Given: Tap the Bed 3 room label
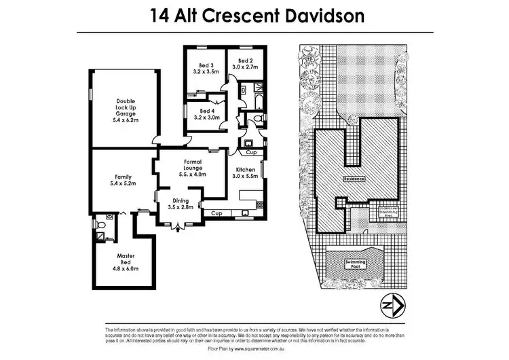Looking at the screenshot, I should [x=206, y=66].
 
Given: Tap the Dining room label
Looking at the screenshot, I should [x=181, y=203].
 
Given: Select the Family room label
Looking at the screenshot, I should [x=123, y=180].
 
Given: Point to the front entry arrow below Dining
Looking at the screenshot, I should [x=178, y=230].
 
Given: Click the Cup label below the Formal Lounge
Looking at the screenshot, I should [x=216, y=214].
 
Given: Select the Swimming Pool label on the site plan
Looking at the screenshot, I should [x=356, y=264].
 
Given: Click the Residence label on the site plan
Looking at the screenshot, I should [x=355, y=179].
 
